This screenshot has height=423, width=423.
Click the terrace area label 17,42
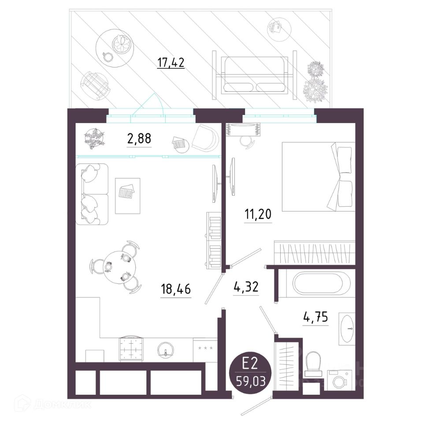171,63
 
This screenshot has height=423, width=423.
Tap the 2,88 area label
139,139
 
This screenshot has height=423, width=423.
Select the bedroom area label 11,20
258,215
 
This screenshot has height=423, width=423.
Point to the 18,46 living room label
176,289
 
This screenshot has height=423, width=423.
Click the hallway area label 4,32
246,287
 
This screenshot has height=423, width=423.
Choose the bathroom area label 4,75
315,317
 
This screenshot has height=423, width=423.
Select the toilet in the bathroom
313,364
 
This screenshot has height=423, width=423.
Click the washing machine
340,380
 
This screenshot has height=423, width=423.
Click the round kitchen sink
166,350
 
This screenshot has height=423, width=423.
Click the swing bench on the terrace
255,75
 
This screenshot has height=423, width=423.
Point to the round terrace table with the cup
115,48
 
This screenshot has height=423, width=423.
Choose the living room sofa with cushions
92,194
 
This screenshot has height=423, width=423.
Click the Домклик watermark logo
52,404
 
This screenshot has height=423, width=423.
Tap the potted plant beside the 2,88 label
94,139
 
